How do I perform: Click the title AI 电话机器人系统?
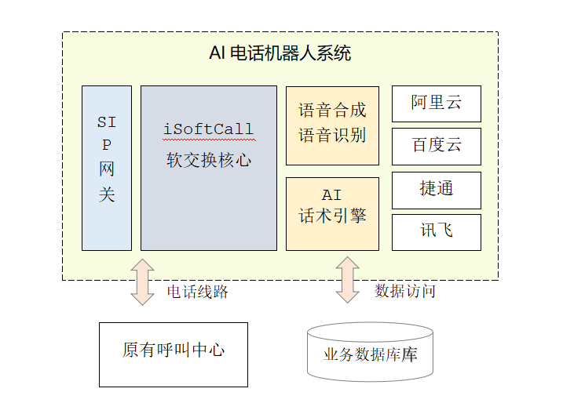point(280,53)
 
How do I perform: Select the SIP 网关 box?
point(107,168)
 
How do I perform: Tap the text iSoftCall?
point(208,129)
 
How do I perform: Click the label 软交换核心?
point(208,160)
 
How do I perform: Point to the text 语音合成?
point(332,110)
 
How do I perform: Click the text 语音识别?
point(332,135)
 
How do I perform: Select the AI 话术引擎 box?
point(332,213)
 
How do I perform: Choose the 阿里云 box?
point(437,103)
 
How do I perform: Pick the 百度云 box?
point(437,146)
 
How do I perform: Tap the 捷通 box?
point(437,189)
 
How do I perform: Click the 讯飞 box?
point(437,231)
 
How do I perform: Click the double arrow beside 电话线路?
point(143,281)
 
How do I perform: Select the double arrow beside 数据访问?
point(346,280)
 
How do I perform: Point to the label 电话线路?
point(198,292)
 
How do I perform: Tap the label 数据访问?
point(405,292)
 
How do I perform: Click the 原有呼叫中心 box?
point(174,350)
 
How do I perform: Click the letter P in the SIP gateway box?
point(107,146)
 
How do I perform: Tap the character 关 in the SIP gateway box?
point(107,194)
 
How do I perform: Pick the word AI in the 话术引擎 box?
point(332,195)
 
